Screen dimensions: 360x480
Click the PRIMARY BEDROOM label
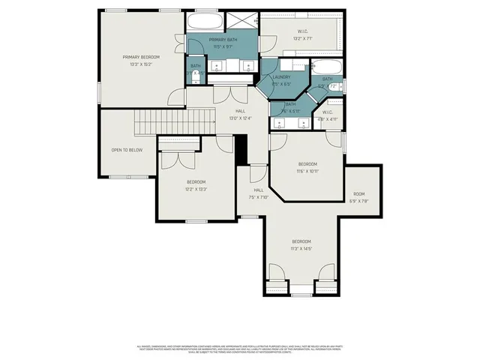pyautogui.click(x=141, y=57)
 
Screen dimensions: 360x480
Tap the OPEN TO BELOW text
pyautogui.click(x=127, y=150)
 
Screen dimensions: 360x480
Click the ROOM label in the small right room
pyautogui.click(x=358, y=194)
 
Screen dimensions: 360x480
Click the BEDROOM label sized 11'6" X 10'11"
pyautogui.click(x=308, y=164)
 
